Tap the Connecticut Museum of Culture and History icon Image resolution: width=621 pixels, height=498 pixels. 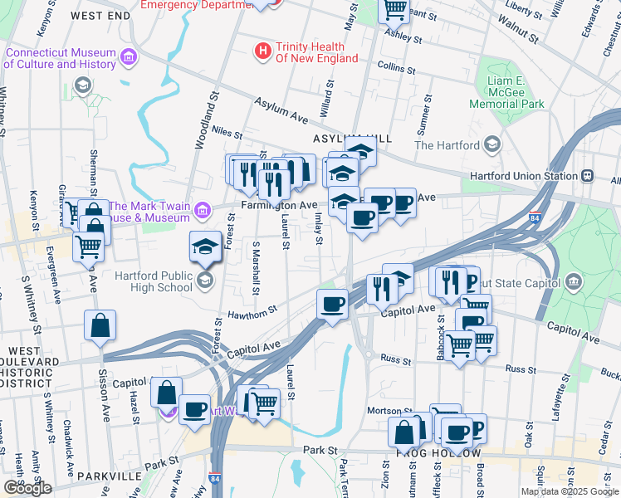point(129,57)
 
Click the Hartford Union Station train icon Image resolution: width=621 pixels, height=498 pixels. point(588,176)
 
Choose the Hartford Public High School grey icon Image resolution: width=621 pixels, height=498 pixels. point(204,281)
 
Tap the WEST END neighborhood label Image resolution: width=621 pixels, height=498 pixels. point(100,16)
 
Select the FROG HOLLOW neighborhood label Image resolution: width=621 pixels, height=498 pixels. point(439,454)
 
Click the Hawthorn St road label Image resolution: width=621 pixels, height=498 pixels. point(252,313)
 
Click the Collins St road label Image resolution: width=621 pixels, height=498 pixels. point(389,65)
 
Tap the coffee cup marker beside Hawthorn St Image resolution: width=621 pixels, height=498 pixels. point(332,303)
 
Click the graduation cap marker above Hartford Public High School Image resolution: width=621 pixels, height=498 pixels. point(205,247)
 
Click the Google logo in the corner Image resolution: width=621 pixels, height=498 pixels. point(27,487)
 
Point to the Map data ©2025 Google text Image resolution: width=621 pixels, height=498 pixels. point(570,491)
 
